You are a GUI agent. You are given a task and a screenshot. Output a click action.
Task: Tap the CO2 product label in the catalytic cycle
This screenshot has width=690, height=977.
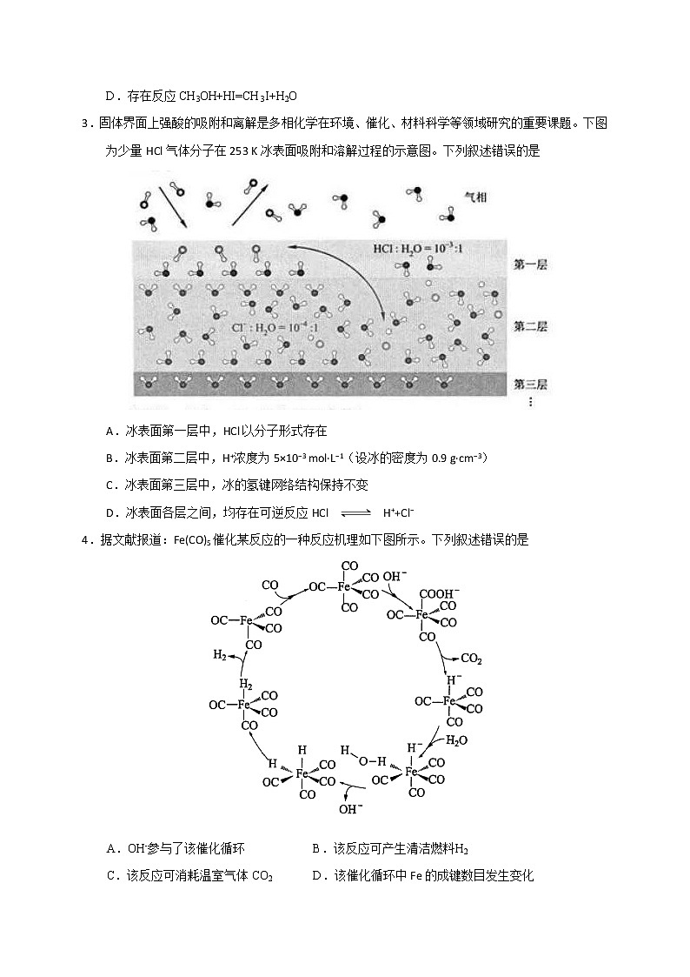click(472, 659)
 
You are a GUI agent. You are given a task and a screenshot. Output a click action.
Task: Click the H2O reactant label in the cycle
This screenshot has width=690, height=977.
click(456, 741)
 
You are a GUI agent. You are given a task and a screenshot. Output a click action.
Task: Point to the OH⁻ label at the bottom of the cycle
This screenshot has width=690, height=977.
click(350, 809)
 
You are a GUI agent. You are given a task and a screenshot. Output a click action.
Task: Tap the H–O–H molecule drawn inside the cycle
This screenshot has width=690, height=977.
click(362, 755)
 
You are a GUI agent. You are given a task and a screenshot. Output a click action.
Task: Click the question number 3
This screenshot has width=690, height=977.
click(85, 124)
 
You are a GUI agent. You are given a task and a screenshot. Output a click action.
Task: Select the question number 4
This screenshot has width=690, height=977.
click(85, 539)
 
